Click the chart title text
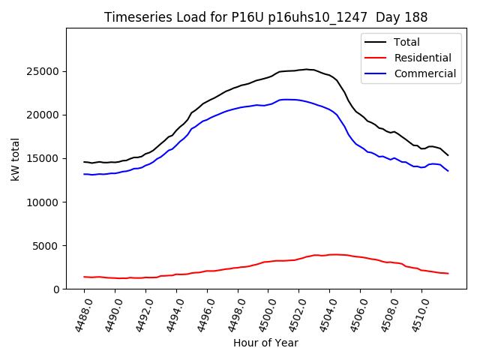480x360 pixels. click(x=266, y=17)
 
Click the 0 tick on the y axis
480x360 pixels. click(x=56, y=289)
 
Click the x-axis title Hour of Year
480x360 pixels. click(x=265, y=343)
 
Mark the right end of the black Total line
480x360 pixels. click(x=448, y=155)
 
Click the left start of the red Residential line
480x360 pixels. click(x=84, y=277)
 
